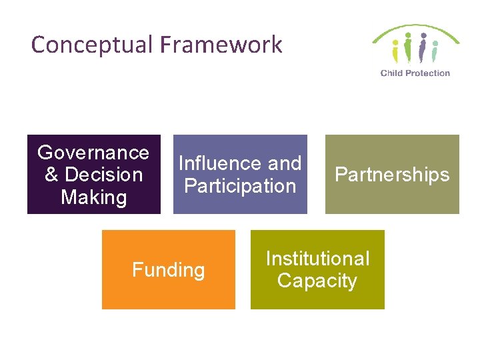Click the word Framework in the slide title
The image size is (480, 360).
[221, 45]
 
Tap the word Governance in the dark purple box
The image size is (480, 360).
[93, 153]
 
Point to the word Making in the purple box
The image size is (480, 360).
[93, 197]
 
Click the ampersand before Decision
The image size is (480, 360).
[51, 175]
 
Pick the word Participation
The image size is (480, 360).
[240, 185]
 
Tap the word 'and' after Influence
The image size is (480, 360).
[283, 163]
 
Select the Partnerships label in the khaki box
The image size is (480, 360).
[392, 175]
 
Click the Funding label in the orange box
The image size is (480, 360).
[168, 270]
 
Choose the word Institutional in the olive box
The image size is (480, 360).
[317, 259]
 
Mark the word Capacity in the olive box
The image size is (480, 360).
[317, 281]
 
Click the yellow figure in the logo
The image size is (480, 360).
[395, 51]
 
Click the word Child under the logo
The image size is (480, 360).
[391, 73]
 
